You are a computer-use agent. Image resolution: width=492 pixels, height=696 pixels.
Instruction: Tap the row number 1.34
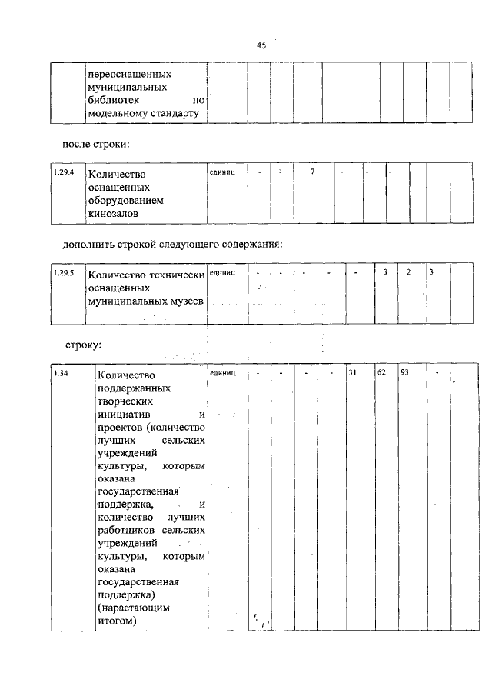tap(61, 373)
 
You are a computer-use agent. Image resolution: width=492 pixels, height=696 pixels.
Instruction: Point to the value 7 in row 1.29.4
tap(312, 171)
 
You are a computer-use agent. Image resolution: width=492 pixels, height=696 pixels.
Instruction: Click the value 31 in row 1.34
tap(354, 373)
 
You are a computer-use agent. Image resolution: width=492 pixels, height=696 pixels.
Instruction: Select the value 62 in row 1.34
tap(381, 373)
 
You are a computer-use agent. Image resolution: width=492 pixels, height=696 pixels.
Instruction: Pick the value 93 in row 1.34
tap(406, 373)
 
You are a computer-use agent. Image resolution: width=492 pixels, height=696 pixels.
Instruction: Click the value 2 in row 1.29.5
tap(409, 272)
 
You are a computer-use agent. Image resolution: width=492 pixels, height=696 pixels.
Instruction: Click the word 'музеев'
tap(184, 301)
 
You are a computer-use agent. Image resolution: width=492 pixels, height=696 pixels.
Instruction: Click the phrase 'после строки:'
tap(95, 144)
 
